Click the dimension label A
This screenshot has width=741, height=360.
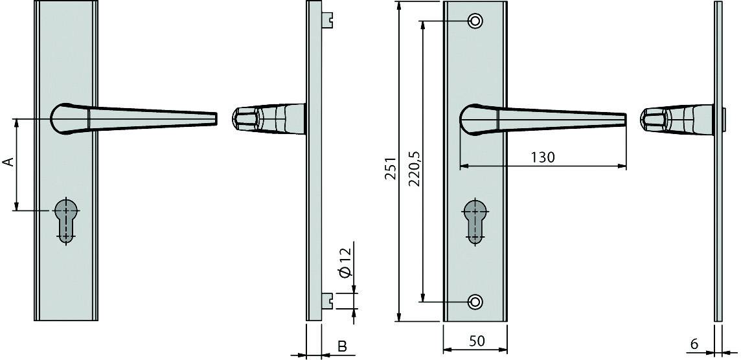pos(8,162)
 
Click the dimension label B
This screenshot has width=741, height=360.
pos(343,348)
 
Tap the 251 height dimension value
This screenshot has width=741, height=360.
pos(389,170)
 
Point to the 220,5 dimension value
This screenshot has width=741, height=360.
pos(415,170)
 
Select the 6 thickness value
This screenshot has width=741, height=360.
pos(694,344)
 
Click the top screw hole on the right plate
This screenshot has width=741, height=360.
pos(476,21)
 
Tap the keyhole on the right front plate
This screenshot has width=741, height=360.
pos(475,221)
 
